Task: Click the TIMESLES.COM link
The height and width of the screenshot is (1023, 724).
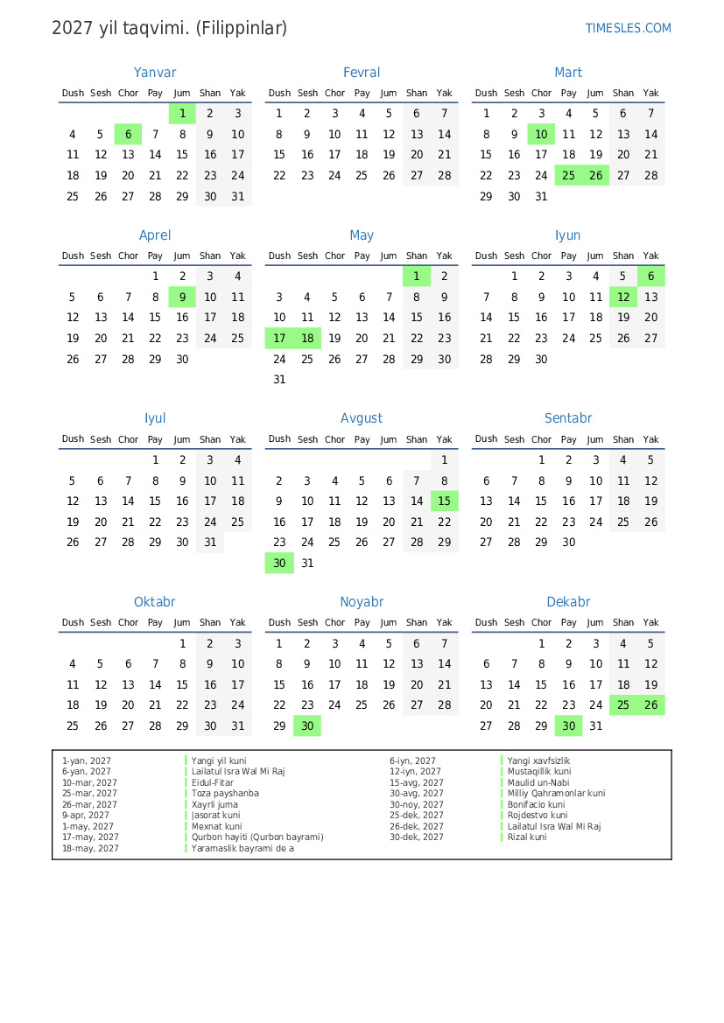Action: click(x=628, y=28)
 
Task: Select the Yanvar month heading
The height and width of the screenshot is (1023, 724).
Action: click(x=155, y=73)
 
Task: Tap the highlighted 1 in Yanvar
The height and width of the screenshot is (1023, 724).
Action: click(x=182, y=113)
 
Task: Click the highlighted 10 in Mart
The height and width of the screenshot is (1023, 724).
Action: click(x=541, y=134)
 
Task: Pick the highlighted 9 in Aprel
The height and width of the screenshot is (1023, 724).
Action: click(x=182, y=297)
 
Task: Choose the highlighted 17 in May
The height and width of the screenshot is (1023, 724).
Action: click(x=279, y=338)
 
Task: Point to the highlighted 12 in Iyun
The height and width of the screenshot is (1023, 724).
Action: click(x=623, y=297)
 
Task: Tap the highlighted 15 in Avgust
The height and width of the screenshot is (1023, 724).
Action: click(x=444, y=501)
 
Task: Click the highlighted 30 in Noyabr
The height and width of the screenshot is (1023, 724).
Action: click(x=307, y=725)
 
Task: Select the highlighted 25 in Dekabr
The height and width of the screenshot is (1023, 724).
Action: click(x=623, y=704)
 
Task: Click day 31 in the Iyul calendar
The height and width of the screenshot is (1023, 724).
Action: click(x=210, y=542)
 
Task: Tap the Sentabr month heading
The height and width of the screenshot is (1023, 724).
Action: click(x=568, y=418)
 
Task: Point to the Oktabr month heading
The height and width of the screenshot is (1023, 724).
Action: click(x=155, y=602)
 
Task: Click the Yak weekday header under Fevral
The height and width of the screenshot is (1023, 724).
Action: click(x=444, y=93)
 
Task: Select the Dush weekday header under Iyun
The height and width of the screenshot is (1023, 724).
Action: click(x=486, y=256)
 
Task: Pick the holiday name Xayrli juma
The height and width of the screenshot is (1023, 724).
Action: click(x=215, y=804)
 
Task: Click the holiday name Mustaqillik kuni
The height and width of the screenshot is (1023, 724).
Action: click(x=538, y=772)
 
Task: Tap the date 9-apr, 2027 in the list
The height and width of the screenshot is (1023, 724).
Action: click(x=85, y=816)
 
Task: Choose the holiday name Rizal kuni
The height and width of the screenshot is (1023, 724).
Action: click(x=526, y=837)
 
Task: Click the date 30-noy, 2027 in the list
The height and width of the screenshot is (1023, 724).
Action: click(x=417, y=804)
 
